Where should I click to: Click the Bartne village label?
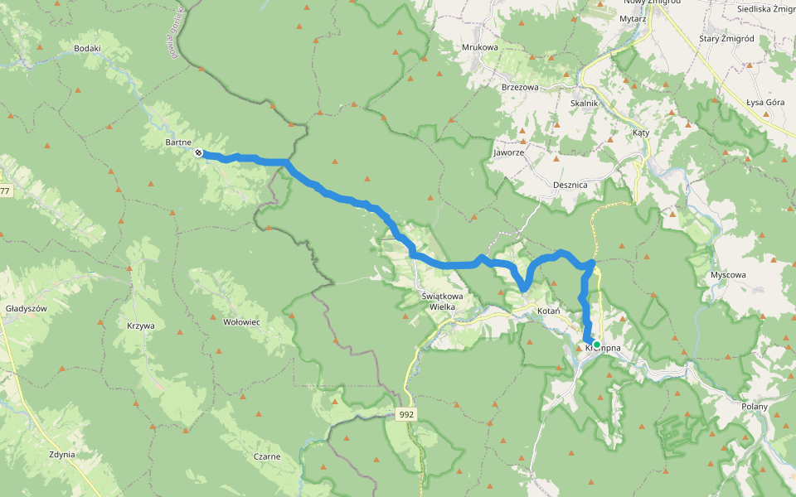point(178,142)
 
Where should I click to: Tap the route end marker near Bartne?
point(199,153)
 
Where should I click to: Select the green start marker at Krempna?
point(596,344)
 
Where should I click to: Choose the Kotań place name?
point(549,311)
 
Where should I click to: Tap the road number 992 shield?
point(405,413)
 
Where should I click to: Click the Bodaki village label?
point(87,48)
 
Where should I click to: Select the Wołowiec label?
point(242,321)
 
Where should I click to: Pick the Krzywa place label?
point(141,326)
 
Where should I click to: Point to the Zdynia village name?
point(62,455)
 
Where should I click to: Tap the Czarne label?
point(267,456)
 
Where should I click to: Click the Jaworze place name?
point(508,152)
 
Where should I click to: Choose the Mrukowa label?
point(480,47)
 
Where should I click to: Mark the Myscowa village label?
point(729,274)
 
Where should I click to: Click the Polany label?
point(755,406)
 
